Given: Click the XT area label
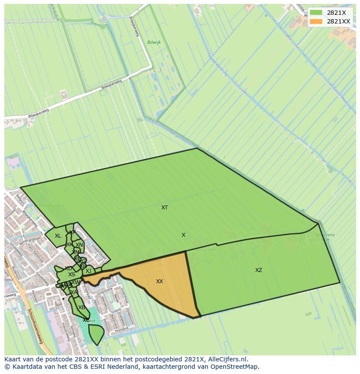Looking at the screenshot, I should pos(164,208).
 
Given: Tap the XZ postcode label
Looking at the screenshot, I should pos(259,270).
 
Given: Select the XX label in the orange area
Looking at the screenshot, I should pos(160,281).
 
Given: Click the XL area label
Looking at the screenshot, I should pos(58,236).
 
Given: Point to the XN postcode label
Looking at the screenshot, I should pos(79,245).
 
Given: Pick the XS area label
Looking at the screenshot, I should pos(72,275).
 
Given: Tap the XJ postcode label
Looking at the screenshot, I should pos(88,271).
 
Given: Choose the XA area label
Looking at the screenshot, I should pos(74,292).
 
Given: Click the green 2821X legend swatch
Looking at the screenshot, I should pos(316,13).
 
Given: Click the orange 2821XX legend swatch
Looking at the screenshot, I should pos(316,21).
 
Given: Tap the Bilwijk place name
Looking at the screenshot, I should pos(154,43).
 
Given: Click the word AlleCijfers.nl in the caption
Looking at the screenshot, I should pos(226,359).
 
